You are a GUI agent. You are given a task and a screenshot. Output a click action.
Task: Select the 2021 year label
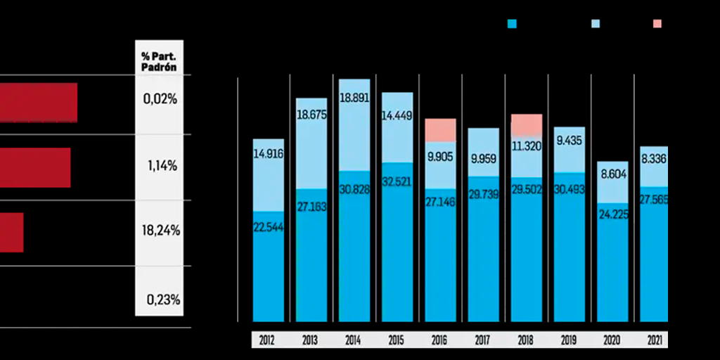point(656,341)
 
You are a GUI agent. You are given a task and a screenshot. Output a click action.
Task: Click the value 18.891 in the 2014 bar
point(354,99)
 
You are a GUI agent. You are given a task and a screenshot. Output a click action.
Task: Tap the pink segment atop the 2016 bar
point(441,129)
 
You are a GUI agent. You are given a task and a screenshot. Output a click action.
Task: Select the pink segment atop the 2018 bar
point(527,124)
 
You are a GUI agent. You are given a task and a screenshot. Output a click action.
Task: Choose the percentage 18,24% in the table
point(160,231)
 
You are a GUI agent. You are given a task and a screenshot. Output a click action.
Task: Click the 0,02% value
point(160,99)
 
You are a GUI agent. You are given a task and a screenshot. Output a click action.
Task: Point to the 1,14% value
point(162,166)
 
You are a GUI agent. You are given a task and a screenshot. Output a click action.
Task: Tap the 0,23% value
point(163,299)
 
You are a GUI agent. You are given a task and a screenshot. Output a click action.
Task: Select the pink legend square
point(657,24)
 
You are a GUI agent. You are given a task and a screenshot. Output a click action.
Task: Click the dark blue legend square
point(512,24)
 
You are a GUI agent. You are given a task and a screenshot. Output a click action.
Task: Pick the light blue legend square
point(595,24)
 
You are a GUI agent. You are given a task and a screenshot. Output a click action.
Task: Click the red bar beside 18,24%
point(11,233)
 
